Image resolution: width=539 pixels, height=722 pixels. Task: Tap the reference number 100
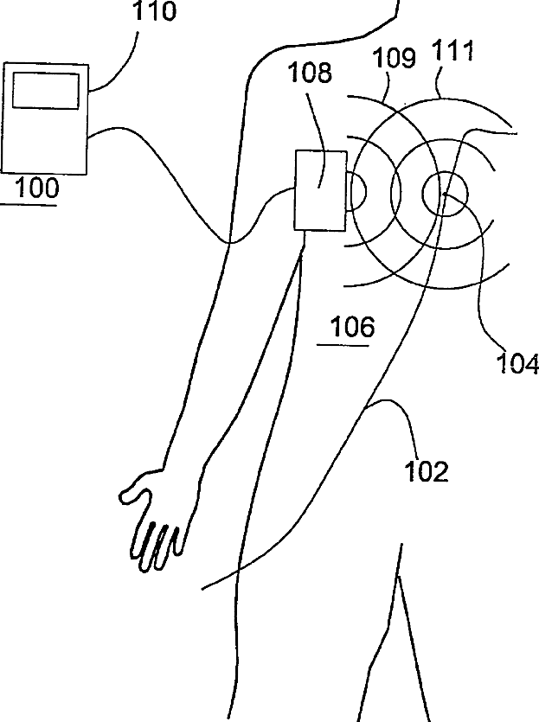point(32,187)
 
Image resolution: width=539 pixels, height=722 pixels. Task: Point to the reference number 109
point(394,59)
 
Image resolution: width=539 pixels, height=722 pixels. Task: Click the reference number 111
point(453,51)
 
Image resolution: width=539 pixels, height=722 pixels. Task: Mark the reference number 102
point(427,471)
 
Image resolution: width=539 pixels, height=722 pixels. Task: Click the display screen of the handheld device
point(47,91)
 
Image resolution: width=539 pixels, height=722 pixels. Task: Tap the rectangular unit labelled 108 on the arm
point(320,190)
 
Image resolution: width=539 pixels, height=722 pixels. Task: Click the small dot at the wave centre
point(444,195)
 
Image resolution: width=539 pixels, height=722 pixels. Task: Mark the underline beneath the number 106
point(343,344)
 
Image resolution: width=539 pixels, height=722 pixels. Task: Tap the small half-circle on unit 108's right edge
point(356,190)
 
